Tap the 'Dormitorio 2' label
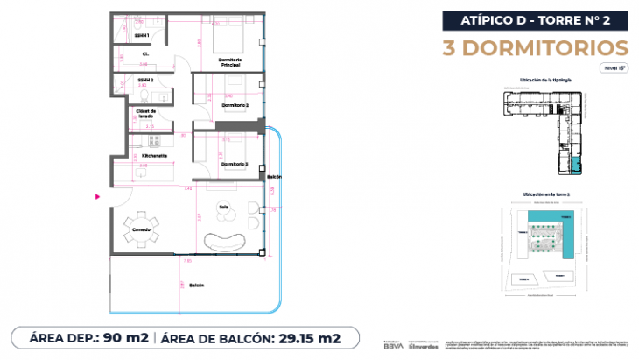click(235, 105)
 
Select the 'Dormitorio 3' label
click(235, 164)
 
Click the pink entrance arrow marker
click(99, 196)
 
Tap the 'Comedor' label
click(142, 230)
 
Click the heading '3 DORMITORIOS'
click(537, 46)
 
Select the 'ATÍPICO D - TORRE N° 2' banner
click(537, 19)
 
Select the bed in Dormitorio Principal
click(230, 41)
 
